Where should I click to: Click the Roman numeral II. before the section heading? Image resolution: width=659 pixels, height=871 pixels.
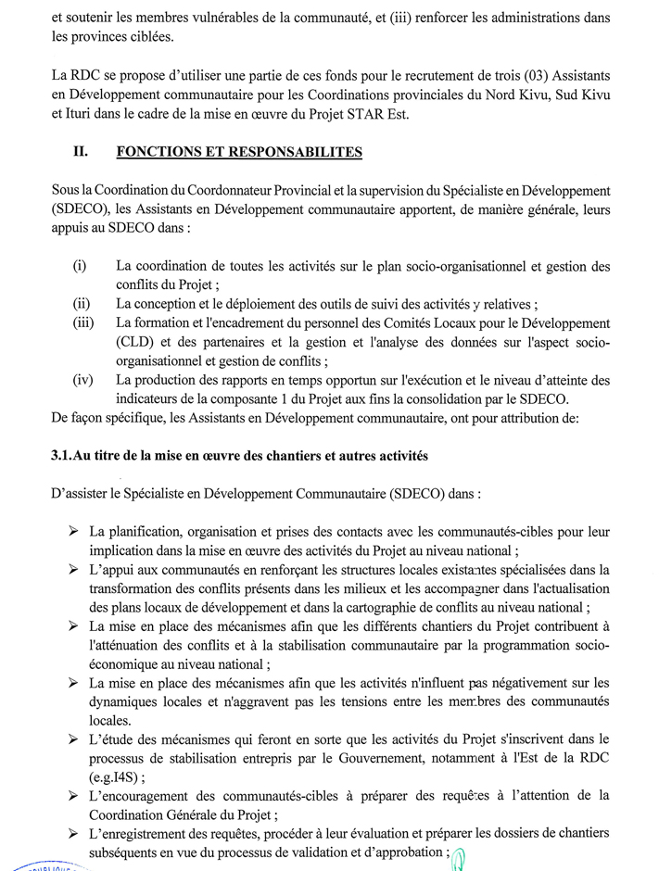(x=81, y=152)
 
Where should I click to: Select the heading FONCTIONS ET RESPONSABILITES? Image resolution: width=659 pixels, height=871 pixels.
(x=239, y=152)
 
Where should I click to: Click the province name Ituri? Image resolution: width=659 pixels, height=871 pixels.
(x=79, y=114)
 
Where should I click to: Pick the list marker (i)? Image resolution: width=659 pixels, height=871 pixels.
(x=80, y=267)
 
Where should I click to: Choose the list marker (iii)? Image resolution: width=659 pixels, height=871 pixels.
(x=82, y=323)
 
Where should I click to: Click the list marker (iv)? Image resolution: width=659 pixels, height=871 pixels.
(x=82, y=380)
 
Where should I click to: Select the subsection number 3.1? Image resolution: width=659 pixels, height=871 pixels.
(x=66, y=455)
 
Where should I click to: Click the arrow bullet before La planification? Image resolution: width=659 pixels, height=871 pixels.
(x=73, y=532)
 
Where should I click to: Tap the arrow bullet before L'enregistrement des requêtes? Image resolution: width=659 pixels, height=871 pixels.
(x=73, y=834)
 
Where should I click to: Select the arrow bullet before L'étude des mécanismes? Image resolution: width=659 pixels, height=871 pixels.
(x=73, y=739)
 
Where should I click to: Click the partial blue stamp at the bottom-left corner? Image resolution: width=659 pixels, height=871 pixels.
(x=37, y=865)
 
